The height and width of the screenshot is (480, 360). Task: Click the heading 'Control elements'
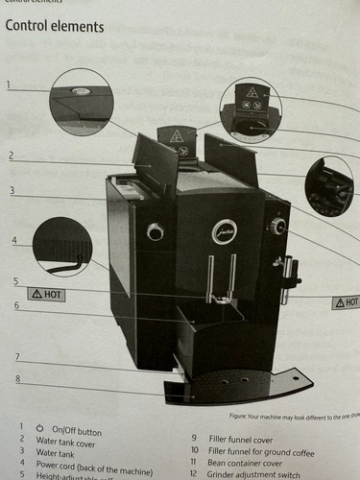point(55,26)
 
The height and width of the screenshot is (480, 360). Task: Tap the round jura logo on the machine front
point(224,231)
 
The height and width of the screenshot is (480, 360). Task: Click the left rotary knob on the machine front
point(155,231)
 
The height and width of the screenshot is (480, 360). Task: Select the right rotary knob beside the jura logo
point(277,226)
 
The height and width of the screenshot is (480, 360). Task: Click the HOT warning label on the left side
point(47,294)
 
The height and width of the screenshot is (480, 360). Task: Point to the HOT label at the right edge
point(346,301)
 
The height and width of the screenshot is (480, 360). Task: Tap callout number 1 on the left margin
point(8,84)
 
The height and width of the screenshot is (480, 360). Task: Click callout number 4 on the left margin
point(13,240)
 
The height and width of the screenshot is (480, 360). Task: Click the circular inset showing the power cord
point(62,246)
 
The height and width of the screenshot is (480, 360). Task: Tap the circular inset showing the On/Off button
point(82,101)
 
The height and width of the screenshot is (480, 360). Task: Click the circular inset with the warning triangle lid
point(251,110)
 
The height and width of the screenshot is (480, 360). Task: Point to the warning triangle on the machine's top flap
point(177,136)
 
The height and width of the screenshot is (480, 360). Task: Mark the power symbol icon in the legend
point(39,426)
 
